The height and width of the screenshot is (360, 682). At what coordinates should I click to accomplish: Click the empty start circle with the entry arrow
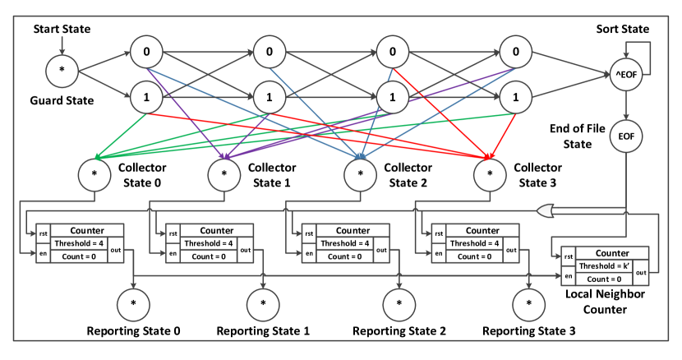[62, 71]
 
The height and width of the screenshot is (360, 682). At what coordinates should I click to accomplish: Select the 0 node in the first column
[146, 53]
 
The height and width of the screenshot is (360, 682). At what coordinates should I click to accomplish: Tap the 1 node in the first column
[146, 98]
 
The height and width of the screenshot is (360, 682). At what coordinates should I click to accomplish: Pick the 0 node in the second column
[269, 53]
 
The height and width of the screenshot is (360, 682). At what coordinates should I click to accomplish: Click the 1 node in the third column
[393, 98]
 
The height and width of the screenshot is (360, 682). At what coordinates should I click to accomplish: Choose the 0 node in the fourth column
[516, 53]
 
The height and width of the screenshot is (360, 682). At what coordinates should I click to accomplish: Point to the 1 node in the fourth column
[516, 98]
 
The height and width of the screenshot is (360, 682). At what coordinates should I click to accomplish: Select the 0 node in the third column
[393, 53]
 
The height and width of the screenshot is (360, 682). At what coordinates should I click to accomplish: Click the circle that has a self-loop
[625, 75]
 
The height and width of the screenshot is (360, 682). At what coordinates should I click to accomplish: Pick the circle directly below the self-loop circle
[625, 136]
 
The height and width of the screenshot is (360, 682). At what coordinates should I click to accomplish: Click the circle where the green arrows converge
[94, 175]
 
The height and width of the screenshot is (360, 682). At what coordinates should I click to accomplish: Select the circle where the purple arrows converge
[224, 175]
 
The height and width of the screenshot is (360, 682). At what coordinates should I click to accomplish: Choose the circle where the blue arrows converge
[361, 175]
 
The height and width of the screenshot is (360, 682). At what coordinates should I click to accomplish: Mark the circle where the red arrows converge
[490, 175]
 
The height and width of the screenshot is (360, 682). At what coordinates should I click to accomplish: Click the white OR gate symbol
[546, 211]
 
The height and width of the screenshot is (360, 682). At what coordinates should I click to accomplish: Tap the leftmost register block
[80, 243]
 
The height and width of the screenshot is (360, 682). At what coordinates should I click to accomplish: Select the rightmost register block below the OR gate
[605, 265]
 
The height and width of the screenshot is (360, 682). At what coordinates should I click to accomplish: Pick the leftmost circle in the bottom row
[133, 305]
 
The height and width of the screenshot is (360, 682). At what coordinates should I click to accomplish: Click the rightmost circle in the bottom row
[528, 305]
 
